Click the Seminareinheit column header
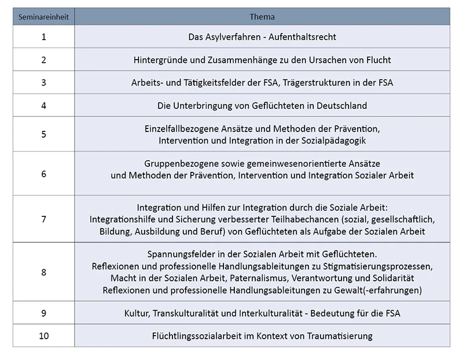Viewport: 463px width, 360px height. coord(43,17)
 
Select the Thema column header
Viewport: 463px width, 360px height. coord(262,17)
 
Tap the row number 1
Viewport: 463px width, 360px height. coord(43,36)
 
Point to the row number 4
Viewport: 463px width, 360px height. coord(43,105)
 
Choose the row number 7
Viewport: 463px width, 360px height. coord(43,219)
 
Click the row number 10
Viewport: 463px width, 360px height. coord(43,336)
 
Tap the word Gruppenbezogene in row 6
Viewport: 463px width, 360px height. coord(179,164)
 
